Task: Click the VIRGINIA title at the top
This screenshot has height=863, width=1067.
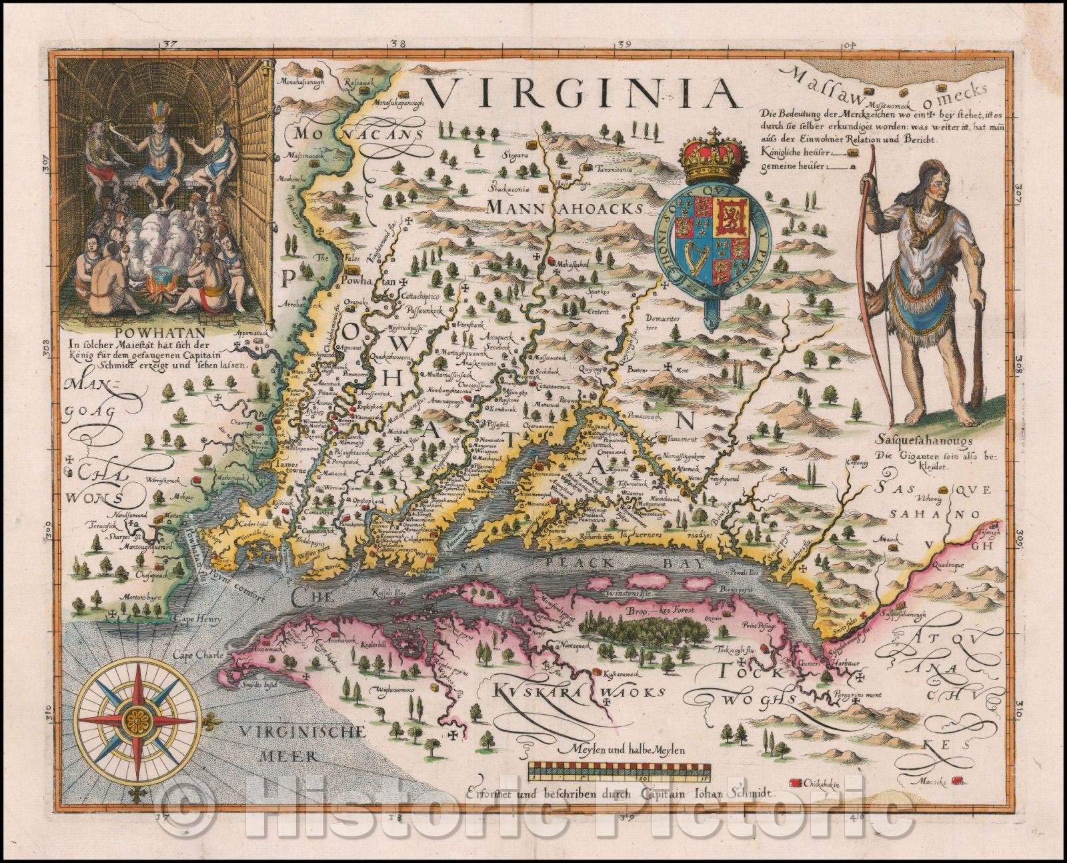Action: point(584,95)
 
